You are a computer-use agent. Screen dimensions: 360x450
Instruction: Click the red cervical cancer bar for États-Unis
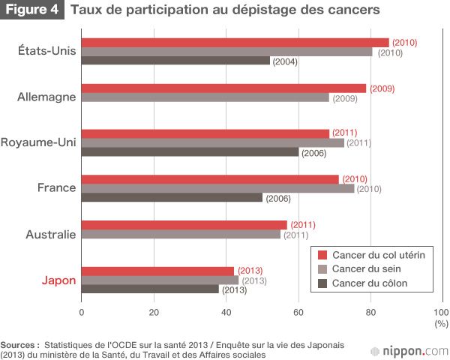pyautogui.click(x=235, y=42)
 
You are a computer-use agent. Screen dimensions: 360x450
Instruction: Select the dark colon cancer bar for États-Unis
pyautogui.click(x=175, y=61)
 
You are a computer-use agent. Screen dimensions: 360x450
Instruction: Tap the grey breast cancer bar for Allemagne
pyautogui.click(x=205, y=97)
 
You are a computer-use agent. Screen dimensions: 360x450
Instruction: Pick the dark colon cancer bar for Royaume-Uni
pyautogui.click(x=190, y=152)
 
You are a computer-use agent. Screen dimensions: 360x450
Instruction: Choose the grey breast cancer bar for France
pyautogui.click(x=217, y=188)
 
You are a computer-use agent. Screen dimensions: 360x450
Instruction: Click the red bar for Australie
pyautogui.click(x=184, y=225)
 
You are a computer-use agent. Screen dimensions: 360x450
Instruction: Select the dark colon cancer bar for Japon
pyautogui.click(x=150, y=289)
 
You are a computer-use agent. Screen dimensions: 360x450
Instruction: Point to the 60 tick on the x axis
pyautogui.click(x=298, y=313)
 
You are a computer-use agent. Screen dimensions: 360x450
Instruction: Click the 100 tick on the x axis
pyautogui.click(x=441, y=313)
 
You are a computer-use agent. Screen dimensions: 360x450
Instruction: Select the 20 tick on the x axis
pyautogui.click(x=154, y=313)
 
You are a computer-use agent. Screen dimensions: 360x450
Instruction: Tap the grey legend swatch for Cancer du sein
pyautogui.click(x=322, y=269)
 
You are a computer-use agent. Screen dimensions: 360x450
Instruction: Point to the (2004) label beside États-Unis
pyautogui.click(x=285, y=61)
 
